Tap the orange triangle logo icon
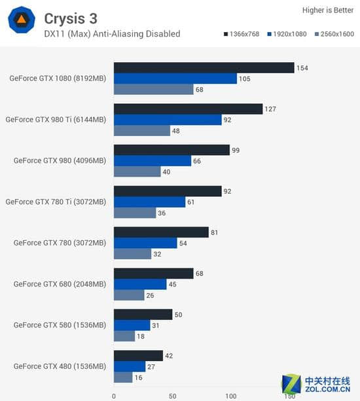coord(22,21)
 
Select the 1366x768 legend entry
coord(242,33)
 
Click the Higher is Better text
coord(327,10)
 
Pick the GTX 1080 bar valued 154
coord(204,68)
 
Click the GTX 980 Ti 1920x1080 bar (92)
coord(168,120)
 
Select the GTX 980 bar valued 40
coord(137,171)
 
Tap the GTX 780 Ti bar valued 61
coord(149,202)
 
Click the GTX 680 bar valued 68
coord(153,273)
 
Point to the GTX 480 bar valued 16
coord(123,377)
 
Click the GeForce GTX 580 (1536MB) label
coord(59,325)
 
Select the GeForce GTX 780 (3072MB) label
coord(59,243)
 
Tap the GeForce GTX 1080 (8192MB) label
coord(57,78)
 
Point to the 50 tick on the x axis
coord(172,395)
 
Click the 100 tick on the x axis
coord(230,395)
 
